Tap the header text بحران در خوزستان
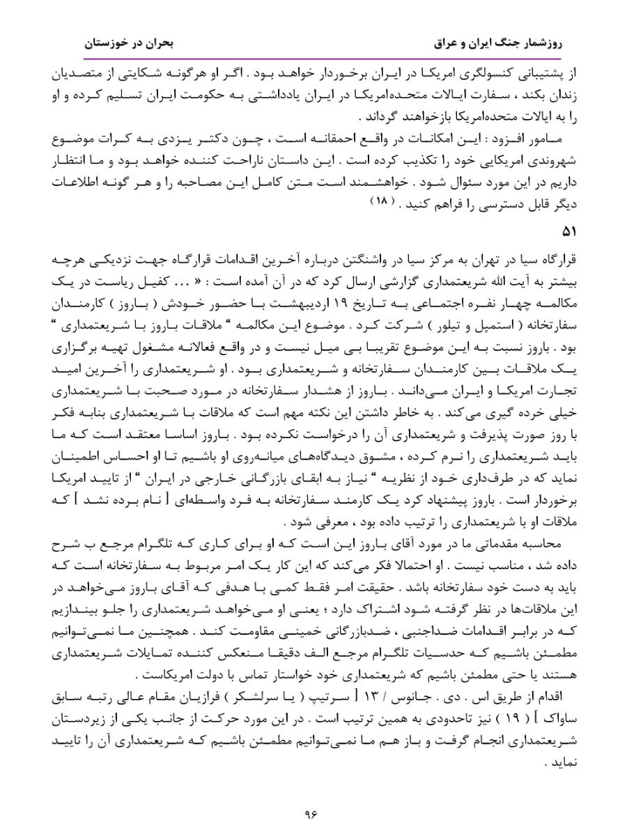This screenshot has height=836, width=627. (129, 42)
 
